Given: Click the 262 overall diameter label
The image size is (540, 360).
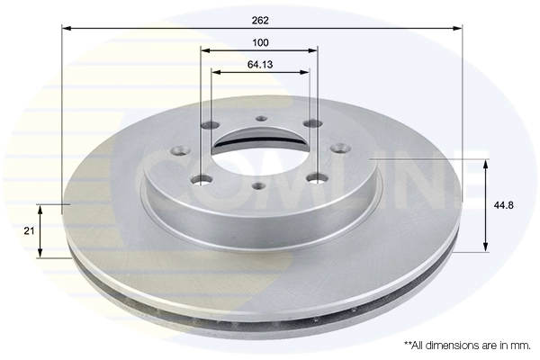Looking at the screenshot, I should point(260,19).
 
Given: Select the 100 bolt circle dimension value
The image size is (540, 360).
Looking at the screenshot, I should point(260,42).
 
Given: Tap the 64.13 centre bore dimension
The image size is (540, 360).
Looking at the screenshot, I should point(260,64).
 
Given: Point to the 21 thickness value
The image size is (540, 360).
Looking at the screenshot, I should point(29,231).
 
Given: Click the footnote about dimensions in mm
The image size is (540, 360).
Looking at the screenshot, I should point(466,345).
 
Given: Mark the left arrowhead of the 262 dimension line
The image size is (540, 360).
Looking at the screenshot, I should point(66,28).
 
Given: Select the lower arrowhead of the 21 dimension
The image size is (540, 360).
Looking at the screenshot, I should point(40,253).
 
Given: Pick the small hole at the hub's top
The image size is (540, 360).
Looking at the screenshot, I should point(261,119).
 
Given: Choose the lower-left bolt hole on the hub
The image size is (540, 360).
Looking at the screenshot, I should point(203,182).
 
